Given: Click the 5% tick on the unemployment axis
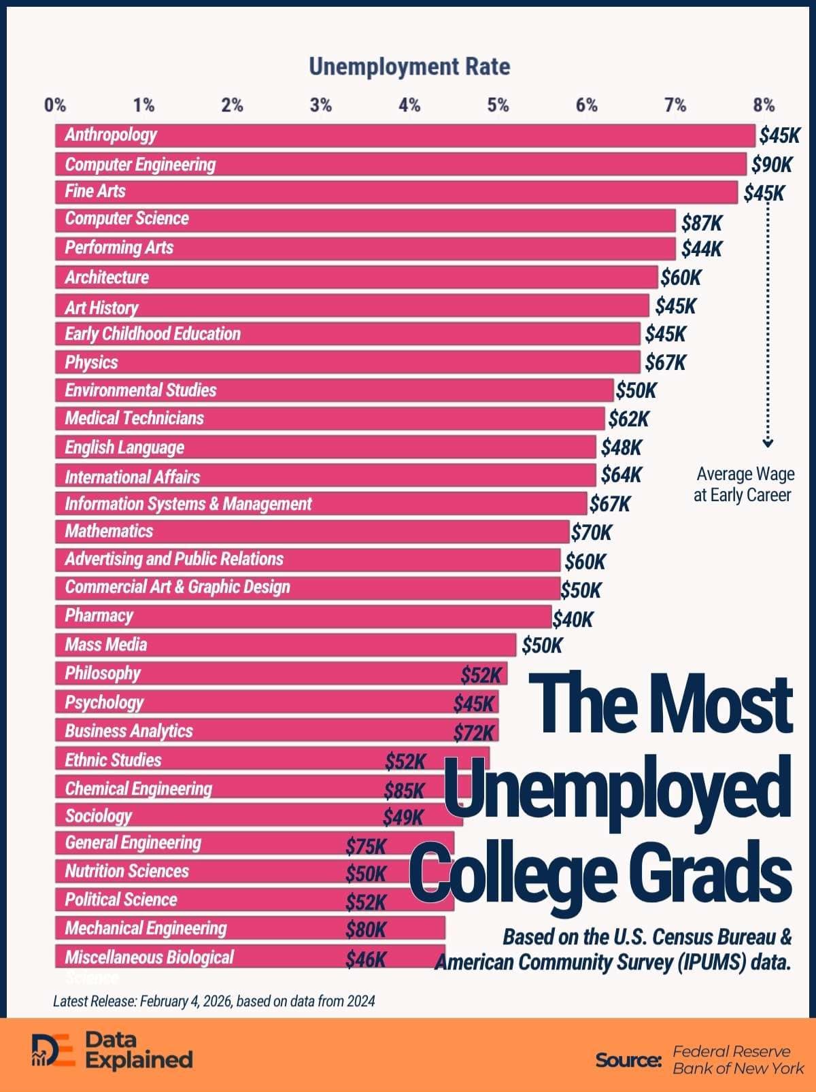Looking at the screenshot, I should [498, 105].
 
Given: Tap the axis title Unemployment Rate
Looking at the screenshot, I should [409, 67].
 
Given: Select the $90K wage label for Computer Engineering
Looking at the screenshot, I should [772, 165].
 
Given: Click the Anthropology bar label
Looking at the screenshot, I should [111, 135].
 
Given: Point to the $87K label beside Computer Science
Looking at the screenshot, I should [701, 223].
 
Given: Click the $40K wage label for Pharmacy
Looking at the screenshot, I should [573, 619].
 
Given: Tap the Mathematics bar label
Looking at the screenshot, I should [109, 531].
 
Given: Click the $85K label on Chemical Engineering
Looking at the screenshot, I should [404, 791].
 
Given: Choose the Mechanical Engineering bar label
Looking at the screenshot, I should [146, 928].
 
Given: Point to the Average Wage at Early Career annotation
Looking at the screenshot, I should [743, 484].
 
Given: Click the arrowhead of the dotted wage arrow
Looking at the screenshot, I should [768, 443].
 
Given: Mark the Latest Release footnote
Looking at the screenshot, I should [214, 1001].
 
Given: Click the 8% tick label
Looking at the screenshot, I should [763, 105].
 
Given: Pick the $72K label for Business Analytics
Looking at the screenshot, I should [474, 733].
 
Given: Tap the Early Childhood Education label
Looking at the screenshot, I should [152, 334].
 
